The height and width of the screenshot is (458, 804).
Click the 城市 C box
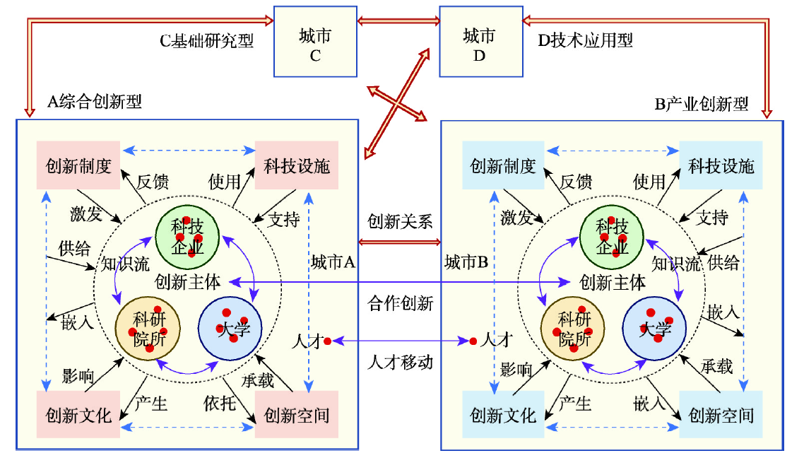coord(314,41)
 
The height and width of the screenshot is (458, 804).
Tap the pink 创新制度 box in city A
coord(78,165)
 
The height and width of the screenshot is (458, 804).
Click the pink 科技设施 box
coord(297,165)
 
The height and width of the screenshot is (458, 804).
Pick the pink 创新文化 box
coord(78,414)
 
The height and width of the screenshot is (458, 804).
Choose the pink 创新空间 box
coord(297,414)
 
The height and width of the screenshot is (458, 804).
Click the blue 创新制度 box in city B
coord(503,165)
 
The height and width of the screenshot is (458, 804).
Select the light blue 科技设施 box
coord(721,165)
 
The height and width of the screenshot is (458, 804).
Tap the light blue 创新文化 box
coord(503,414)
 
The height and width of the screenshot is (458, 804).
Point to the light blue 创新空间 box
coord(721,414)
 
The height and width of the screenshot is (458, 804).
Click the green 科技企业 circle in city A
coord(187,237)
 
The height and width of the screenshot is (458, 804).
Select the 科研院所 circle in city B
coord(574,329)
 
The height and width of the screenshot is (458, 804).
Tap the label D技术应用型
coord(585,40)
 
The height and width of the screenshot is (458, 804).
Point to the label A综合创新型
coord(94,102)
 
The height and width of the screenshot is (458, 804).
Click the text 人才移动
coord(400,362)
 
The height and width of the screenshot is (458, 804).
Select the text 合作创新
coord(400,304)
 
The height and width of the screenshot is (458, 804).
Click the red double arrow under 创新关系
coord(400,242)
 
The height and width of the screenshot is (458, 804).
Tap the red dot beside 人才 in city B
coord(473,341)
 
